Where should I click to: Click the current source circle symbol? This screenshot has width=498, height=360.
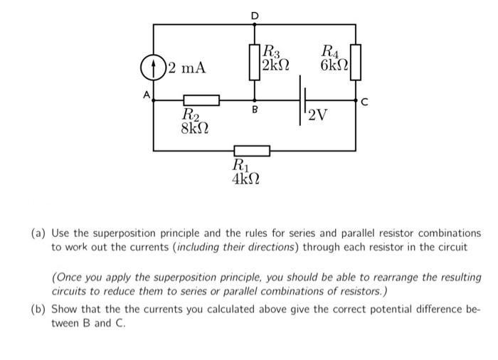tap(154, 68)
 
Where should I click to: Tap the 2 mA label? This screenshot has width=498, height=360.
tap(186, 68)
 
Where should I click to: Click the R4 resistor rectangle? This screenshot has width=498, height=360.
tap(356, 60)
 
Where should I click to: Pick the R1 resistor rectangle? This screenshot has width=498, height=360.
tap(252, 150)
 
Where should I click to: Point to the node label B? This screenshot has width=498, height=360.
tap(255, 111)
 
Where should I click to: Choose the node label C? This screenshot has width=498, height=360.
tap(364, 101)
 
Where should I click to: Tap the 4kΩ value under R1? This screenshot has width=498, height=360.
tap(246, 178)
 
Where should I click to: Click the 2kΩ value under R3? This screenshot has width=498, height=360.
tap(275, 65)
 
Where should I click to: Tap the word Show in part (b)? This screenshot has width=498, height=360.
tap(64, 310)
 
